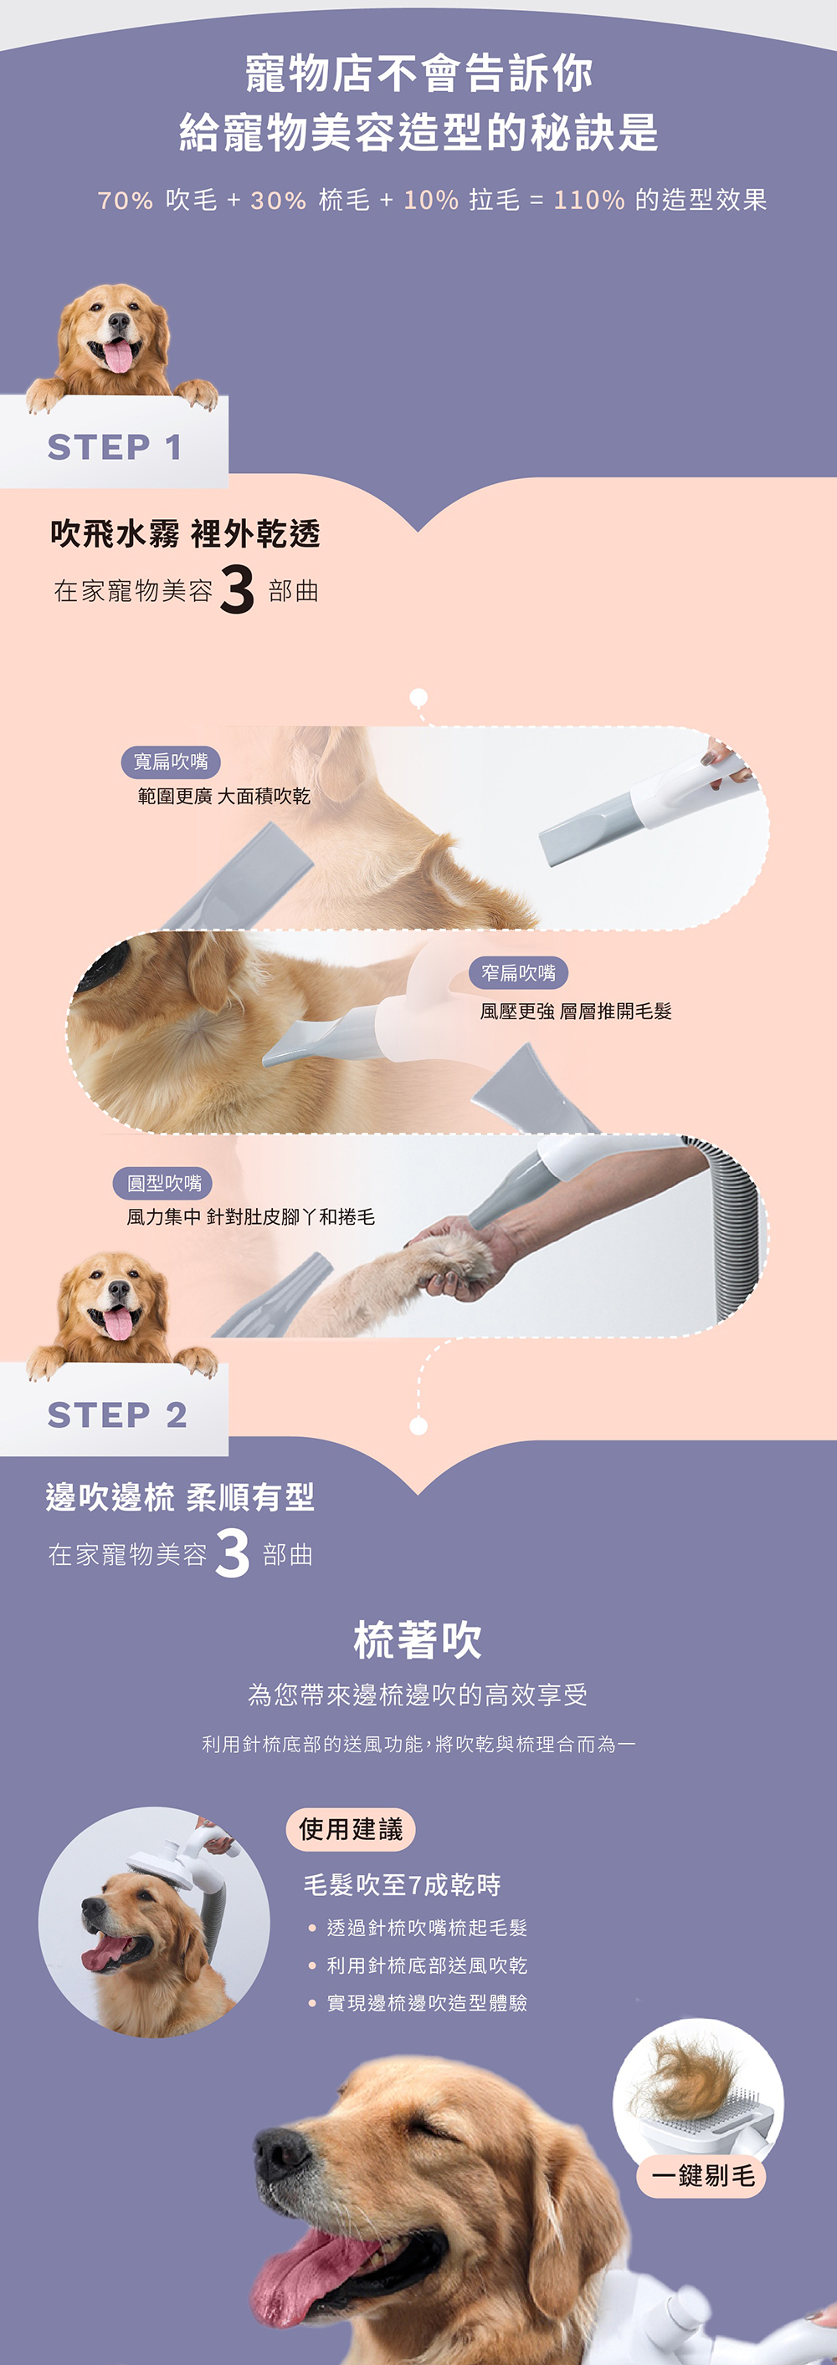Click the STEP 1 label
pyautogui.click(x=115, y=447)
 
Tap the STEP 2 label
pyautogui.click(x=116, y=1414)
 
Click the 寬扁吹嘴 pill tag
pyautogui.click(x=171, y=761)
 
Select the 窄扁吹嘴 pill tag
pyautogui.click(x=518, y=972)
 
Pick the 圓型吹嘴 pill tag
pyautogui.click(x=163, y=1182)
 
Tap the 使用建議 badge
pyautogui.click(x=350, y=1829)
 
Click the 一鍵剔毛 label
pyautogui.click(x=702, y=2175)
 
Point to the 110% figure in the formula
pyautogui.click(x=589, y=200)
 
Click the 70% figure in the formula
pyautogui.click(x=125, y=200)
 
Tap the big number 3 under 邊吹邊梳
pyautogui.click(x=232, y=1552)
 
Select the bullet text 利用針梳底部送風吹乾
pyautogui.click(x=426, y=1965)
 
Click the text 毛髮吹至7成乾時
pyautogui.click(x=403, y=1885)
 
